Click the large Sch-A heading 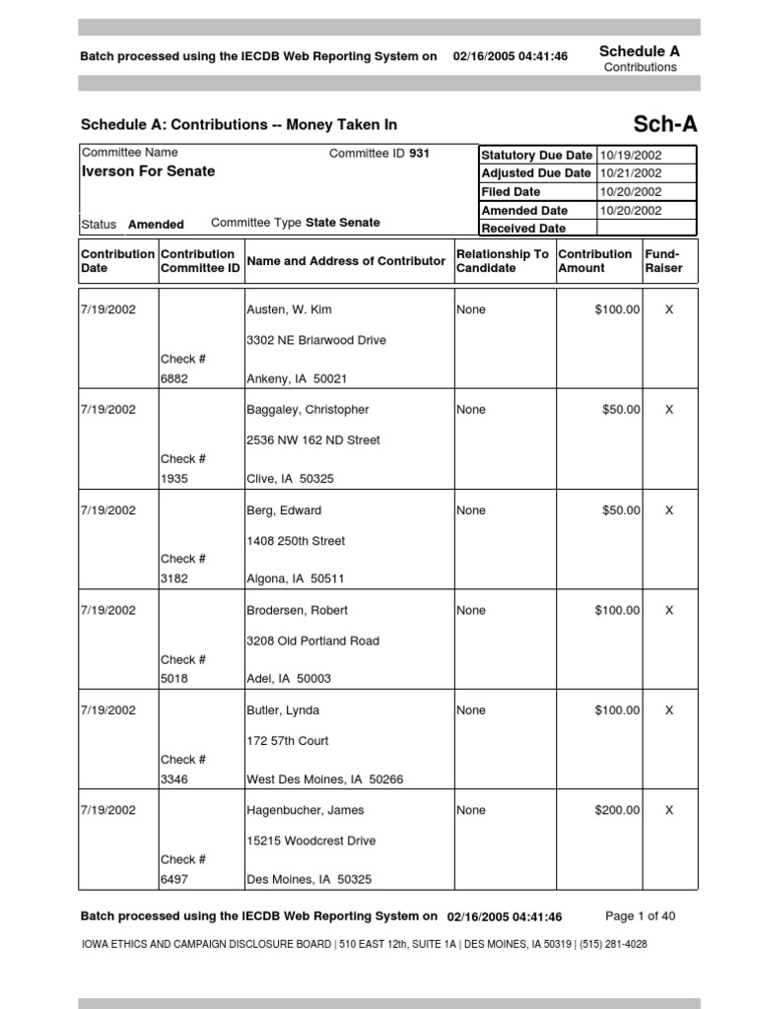664,124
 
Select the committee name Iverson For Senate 148,171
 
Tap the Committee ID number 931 419,154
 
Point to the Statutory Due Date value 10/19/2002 630,156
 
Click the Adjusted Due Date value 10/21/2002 630,173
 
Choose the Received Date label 523,229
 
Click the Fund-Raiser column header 662,261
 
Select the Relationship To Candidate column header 503,261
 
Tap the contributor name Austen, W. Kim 289,309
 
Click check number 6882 173,378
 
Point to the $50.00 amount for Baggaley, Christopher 621,410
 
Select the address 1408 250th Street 296,541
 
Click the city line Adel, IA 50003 289,679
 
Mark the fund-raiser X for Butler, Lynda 669,710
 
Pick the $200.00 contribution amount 617,810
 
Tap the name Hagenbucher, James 305,810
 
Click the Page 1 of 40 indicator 640,916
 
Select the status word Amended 156,225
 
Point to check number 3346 173,779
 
